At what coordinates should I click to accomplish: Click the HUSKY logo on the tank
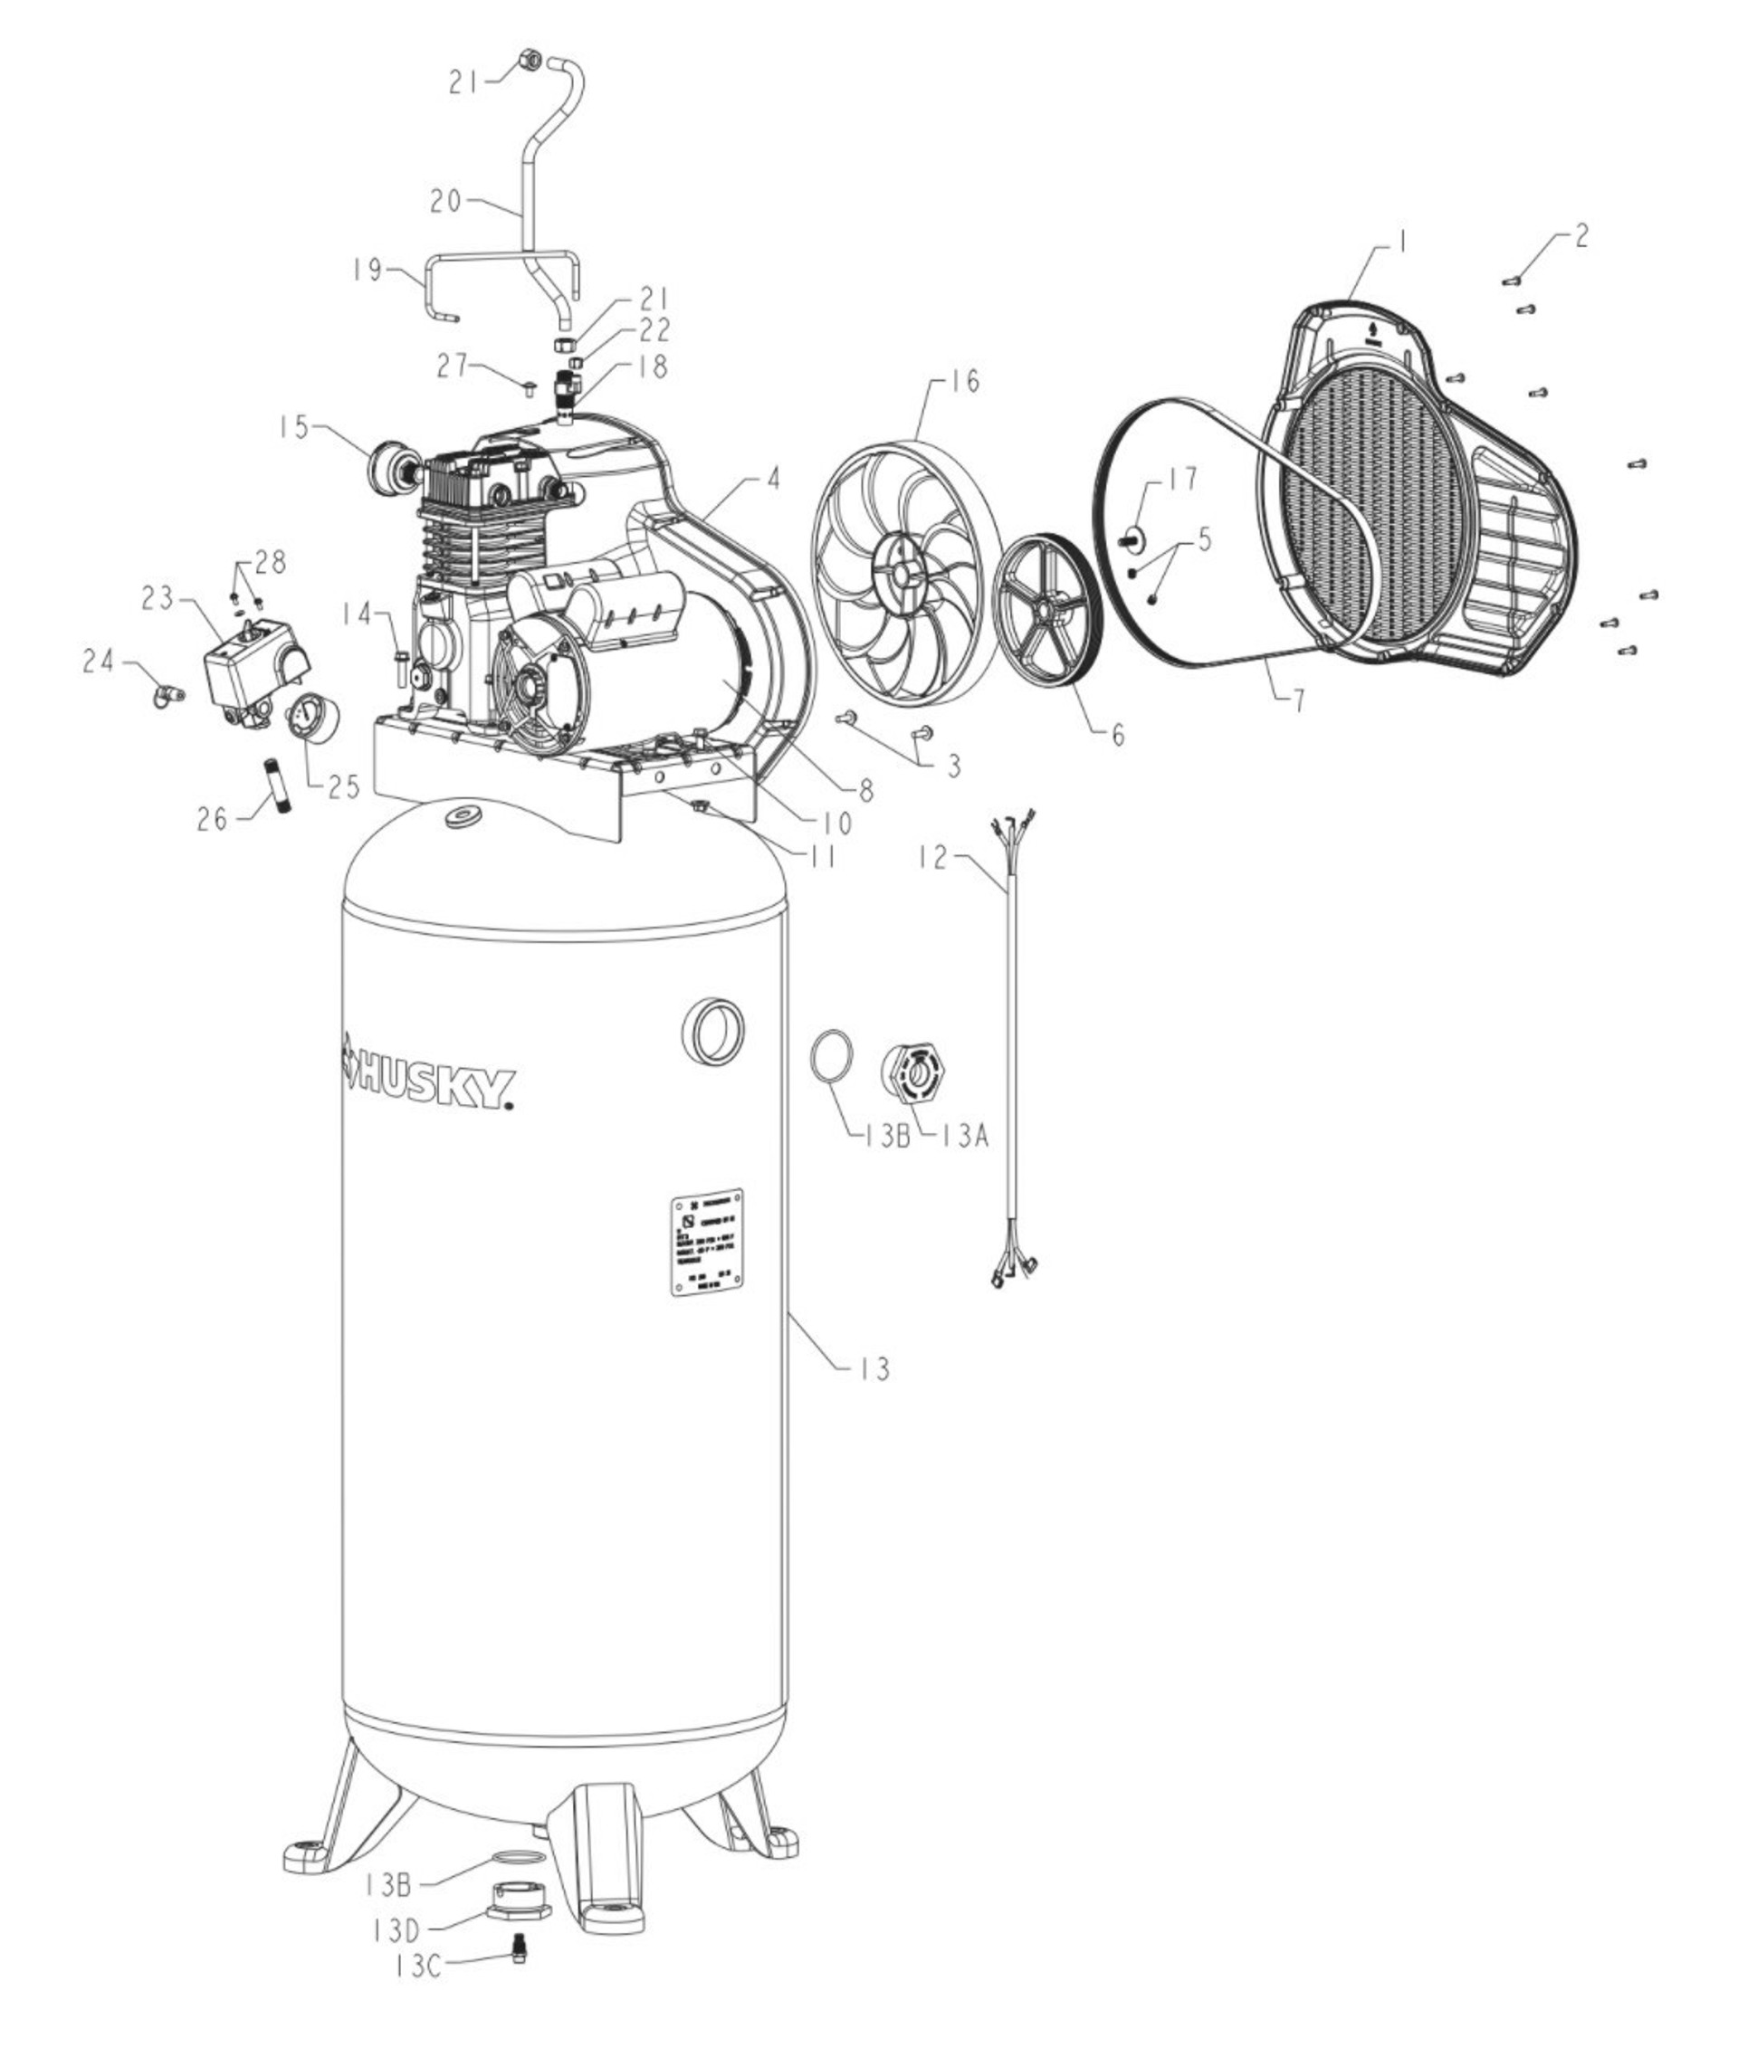pos(427,1081)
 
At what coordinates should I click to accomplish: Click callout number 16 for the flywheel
pos(966,381)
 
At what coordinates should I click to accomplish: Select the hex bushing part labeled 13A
pos(917,1078)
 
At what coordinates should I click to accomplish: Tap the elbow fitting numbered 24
pos(164,694)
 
